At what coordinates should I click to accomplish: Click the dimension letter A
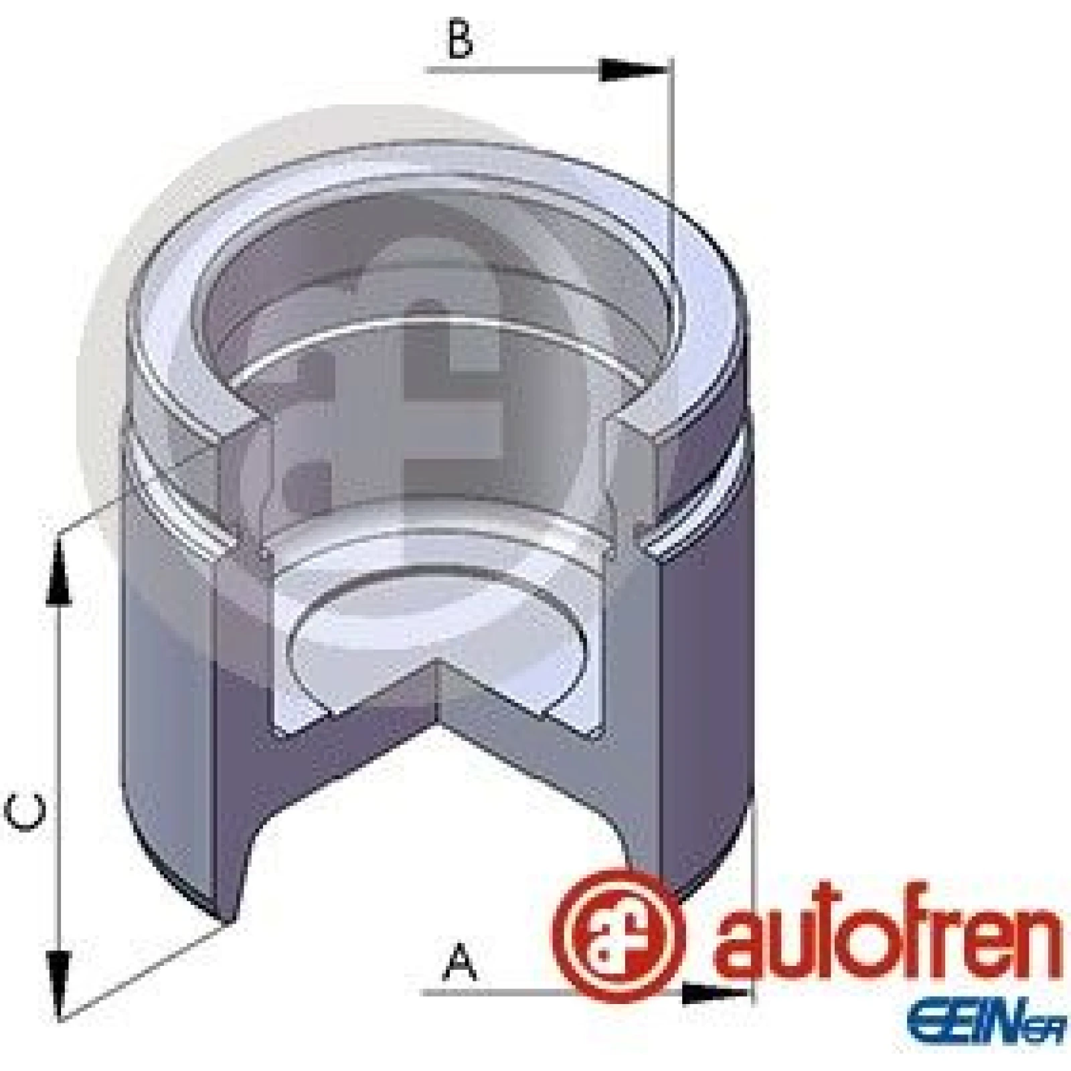pyautogui.click(x=459, y=961)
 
